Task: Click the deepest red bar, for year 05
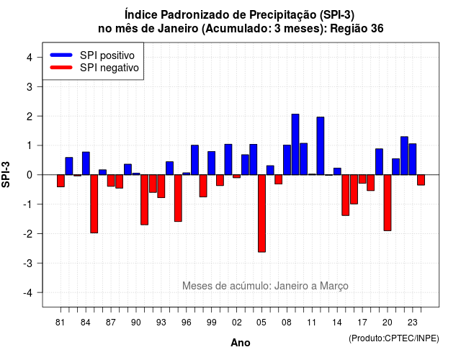click(x=261, y=213)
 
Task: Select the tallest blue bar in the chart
click(x=295, y=144)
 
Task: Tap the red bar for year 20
click(x=388, y=203)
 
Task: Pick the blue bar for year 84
click(x=86, y=163)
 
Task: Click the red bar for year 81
click(x=61, y=181)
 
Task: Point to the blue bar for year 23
click(x=413, y=159)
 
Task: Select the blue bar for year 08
click(x=287, y=160)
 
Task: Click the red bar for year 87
click(x=111, y=181)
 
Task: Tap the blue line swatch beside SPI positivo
click(x=61, y=55)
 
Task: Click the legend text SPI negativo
click(x=109, y=68)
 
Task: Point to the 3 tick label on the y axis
click(x=30, y=86)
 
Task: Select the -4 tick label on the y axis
click(x=28, y=293)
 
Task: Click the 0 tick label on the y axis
click(x=30, y=175)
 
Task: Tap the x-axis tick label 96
click(x=187, y=323)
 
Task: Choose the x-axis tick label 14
click(x=337, y=323)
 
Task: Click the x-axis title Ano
click(x=241, y=343)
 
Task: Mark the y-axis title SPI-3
click(x=6, y=174)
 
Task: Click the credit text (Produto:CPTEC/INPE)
click(x=394, y=338)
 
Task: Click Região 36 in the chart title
click(x=357, y=29)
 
